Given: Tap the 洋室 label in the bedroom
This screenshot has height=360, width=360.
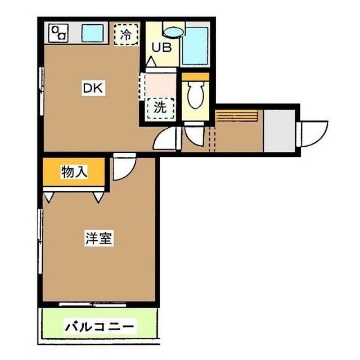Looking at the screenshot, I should (x=99, y=238).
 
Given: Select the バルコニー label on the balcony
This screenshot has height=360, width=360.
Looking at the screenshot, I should (x=100, y=326).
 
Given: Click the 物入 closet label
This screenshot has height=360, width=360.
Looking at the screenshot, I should (x=74, y=173).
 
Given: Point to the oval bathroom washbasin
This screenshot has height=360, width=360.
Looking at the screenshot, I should (x=173, y=30).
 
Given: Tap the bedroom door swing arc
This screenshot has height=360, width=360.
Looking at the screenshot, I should (x=123, y=168).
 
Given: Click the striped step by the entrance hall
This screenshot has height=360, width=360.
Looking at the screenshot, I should (x=236, y=115).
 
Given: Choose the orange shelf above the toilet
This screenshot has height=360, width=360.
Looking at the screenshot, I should (x=195, y=76).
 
